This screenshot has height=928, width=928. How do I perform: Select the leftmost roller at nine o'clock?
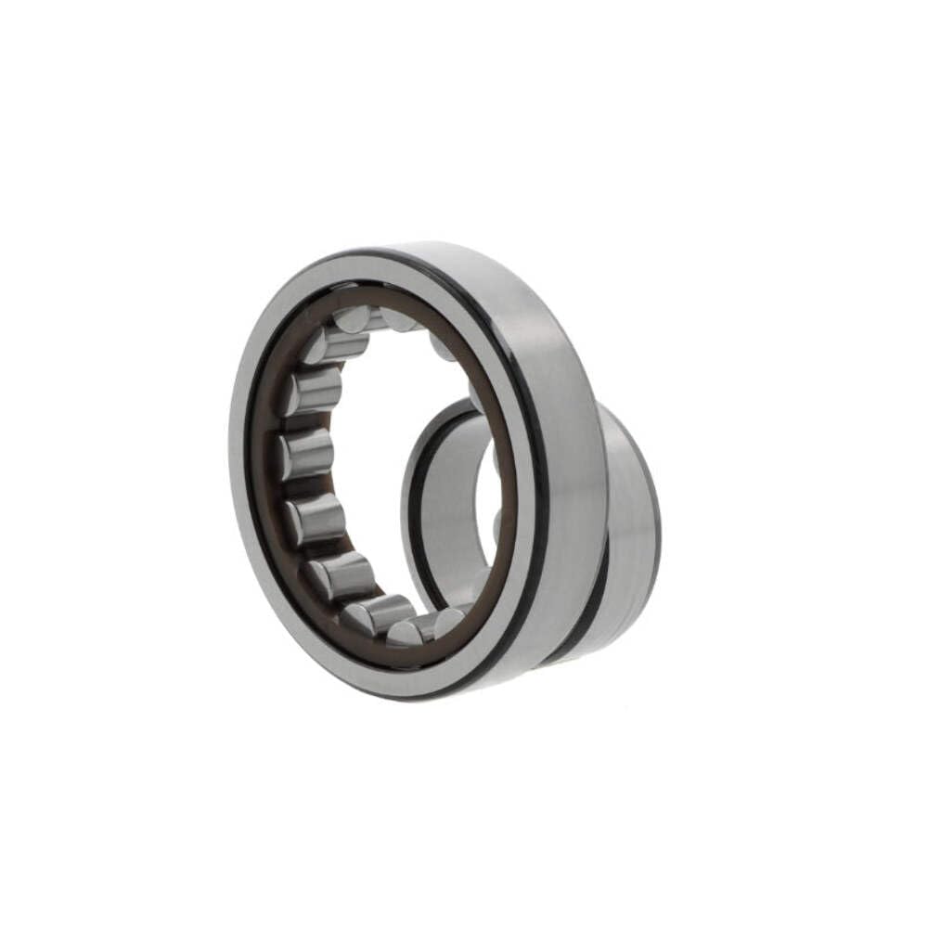pos(307,454)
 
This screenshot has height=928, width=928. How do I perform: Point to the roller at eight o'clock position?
pos(316,518)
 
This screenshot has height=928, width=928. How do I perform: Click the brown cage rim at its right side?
pos(509,483)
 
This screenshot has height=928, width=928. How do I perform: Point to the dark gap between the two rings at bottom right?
pos(580,603)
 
